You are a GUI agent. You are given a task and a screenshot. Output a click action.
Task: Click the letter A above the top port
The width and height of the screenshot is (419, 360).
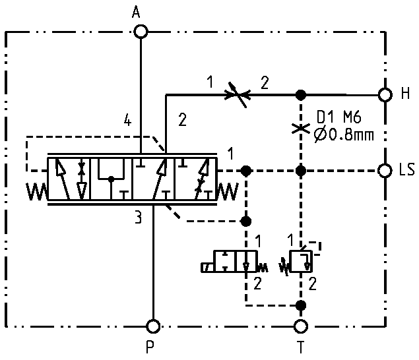(136, 13)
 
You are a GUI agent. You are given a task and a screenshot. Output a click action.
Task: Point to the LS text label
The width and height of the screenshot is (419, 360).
(406, 170)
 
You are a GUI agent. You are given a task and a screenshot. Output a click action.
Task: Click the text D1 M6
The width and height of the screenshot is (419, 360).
(339, 117)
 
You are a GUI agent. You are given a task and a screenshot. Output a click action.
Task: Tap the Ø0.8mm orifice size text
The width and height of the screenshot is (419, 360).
(344, 135)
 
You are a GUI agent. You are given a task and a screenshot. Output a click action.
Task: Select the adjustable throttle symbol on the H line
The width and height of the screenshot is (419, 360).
(238, 95)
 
